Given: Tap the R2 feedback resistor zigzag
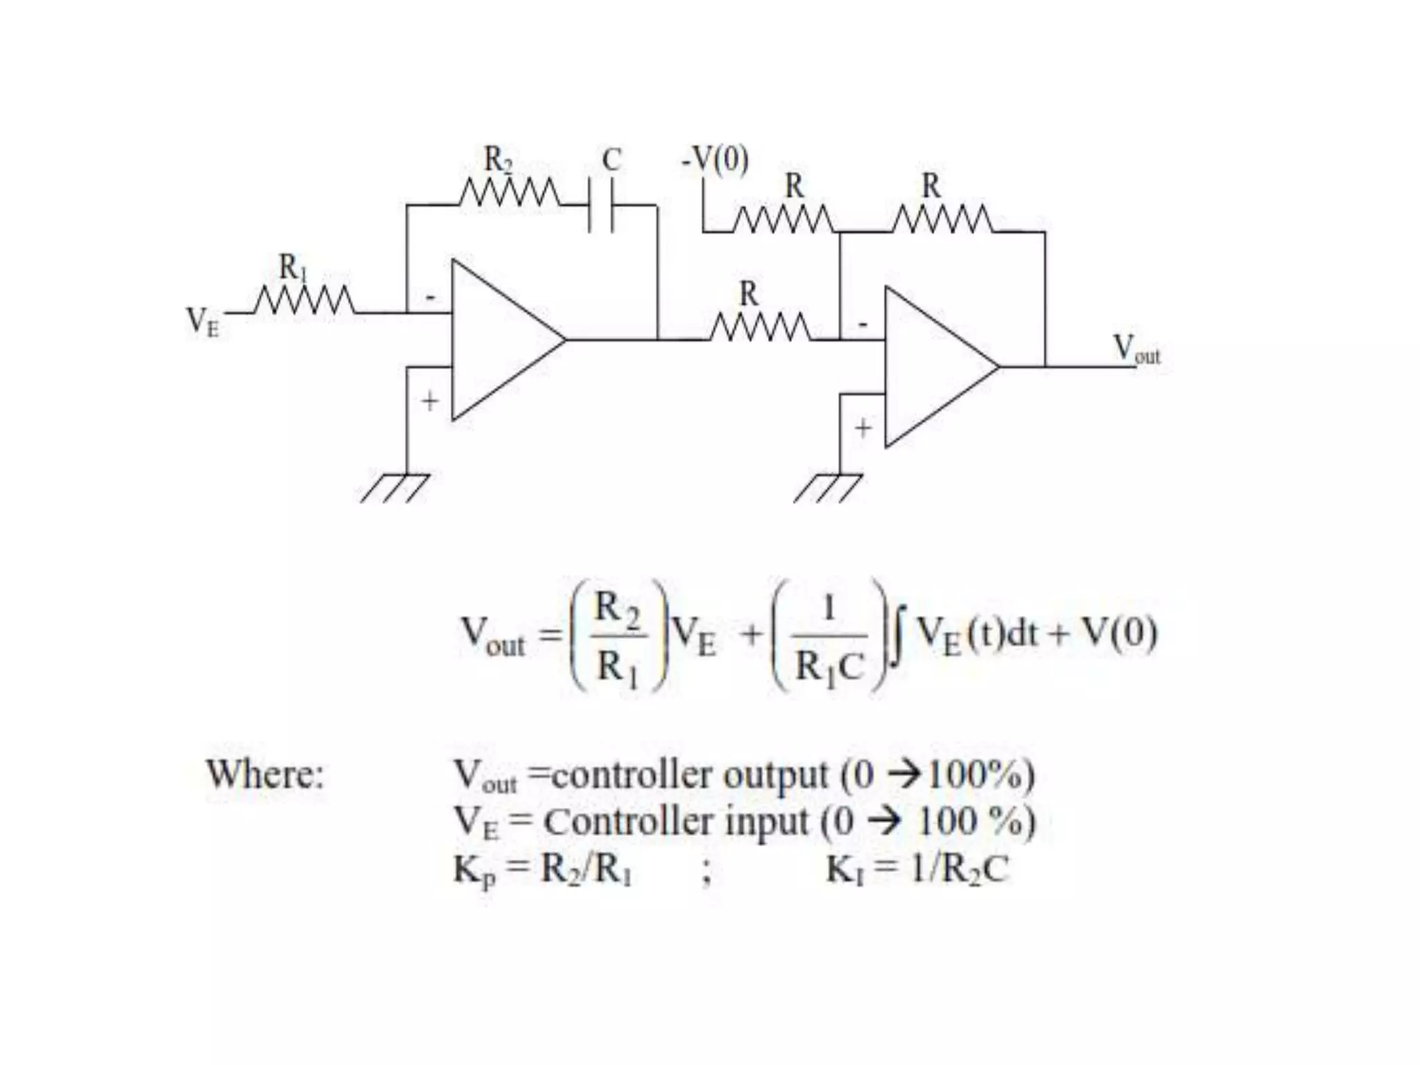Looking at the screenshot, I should click(511, 193).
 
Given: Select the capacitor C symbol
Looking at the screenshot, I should click(600, 205).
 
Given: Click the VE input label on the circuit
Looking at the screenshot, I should click(202, 322).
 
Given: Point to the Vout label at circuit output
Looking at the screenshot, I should click(1136, 349).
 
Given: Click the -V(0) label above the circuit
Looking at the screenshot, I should click(715, 160).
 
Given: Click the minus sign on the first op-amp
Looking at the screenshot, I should click(431, 298).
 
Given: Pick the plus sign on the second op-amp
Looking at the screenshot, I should click(863, 428).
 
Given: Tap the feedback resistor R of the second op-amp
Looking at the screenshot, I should click(942, 220).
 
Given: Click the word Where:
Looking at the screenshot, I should click(265, 774).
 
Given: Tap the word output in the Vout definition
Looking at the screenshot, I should click(775, 774).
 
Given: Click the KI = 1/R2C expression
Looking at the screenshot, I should click(917, 869).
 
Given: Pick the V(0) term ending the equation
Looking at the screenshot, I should click(1119, 632).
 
